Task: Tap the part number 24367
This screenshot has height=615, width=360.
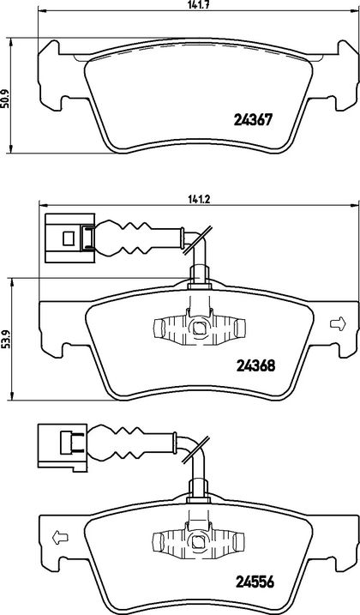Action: click(x=253, y=119)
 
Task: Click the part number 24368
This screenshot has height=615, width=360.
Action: click(x=256, y=365)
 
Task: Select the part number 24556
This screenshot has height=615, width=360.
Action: click(x=255, y=582)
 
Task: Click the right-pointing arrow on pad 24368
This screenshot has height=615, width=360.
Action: click(x=338, y=323)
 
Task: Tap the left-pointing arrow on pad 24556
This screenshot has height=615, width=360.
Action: click(x=60, y=536)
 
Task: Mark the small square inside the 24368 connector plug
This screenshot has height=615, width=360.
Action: click(x=69, y=238)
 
